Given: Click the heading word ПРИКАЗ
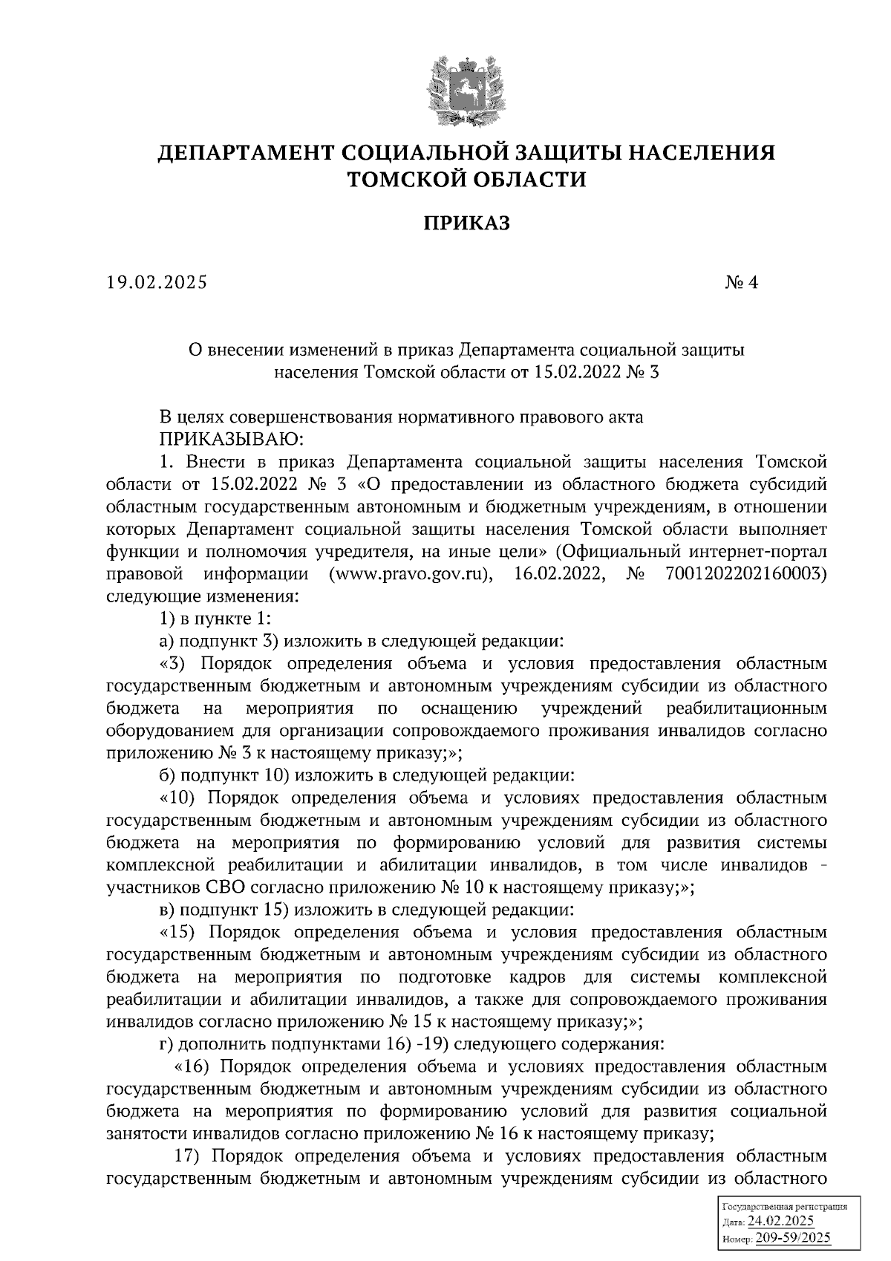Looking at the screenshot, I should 467,223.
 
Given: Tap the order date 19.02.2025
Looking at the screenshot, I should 157,283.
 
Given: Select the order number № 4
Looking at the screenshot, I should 742,283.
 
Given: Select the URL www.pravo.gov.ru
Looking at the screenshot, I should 407,574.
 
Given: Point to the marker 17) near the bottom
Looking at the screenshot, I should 187,1156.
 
